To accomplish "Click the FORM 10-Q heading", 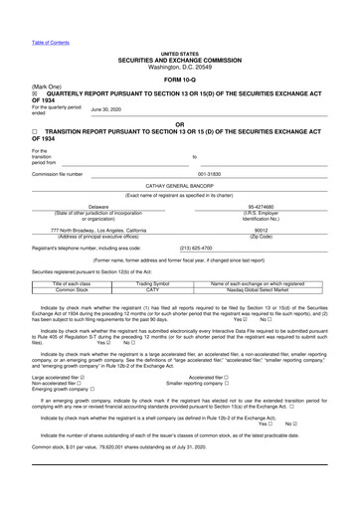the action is pyautogui.click(x=179, y=80).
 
